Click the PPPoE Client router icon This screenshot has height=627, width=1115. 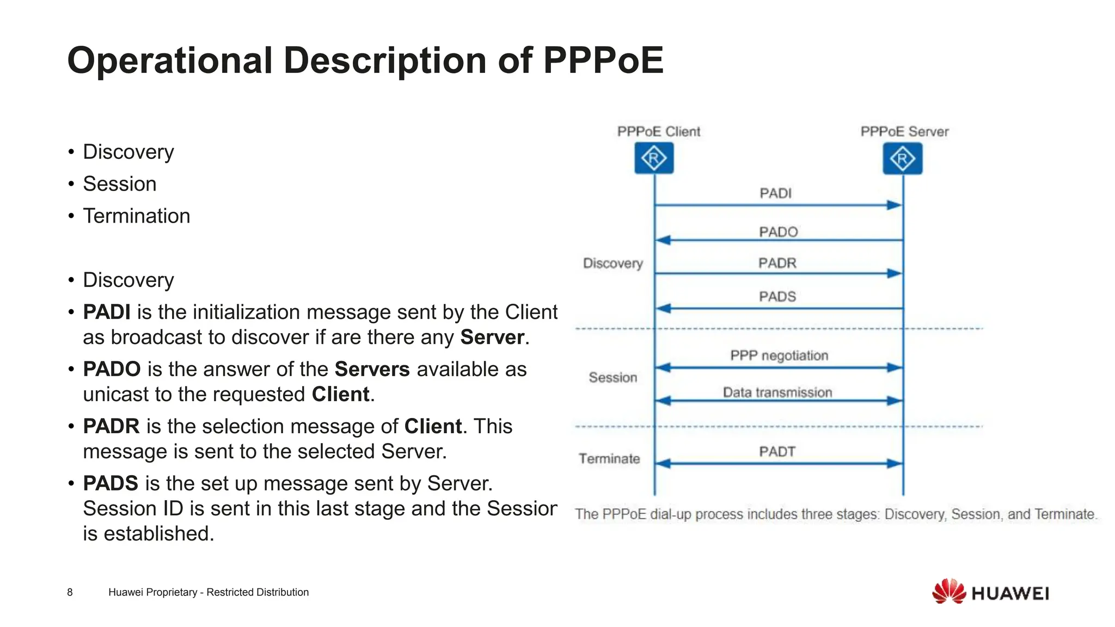tap(654, 158)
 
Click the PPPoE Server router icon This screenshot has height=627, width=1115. tap(902, 158)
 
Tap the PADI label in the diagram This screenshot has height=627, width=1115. tap(775, 193)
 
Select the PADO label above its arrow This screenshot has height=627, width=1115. tap(778, 232)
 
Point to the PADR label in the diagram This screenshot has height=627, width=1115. tap(777, 263)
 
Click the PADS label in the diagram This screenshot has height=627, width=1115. tap(777, 297)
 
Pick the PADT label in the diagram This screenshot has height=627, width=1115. tap(777, 452)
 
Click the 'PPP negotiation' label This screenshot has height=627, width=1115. tap(779, 355)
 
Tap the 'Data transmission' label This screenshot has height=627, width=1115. tap(777, 392)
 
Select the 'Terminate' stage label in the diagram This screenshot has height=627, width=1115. tap(609, 459)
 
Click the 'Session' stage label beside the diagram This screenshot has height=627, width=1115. tap(612, 377)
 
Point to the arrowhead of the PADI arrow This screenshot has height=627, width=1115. tap(895, 205)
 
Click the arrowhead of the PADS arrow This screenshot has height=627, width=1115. tap(663, 309)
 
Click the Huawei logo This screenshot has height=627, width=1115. tap(990, 592)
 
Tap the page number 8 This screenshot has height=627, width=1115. tap(70, 592)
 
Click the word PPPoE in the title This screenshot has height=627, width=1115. tap(603, 60)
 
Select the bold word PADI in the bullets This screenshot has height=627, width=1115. tap(107, 312)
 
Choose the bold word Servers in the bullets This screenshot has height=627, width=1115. tap(372, 369)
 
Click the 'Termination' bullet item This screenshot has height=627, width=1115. tap(136, 216)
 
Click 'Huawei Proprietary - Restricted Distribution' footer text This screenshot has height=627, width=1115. tap(208, 592)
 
